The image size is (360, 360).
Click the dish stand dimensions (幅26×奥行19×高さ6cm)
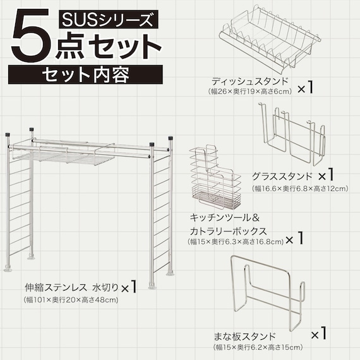(x=249, y=92)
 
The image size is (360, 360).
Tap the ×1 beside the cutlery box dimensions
(x=294, y=239)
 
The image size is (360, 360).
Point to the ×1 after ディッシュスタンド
(x=306, y=87)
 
